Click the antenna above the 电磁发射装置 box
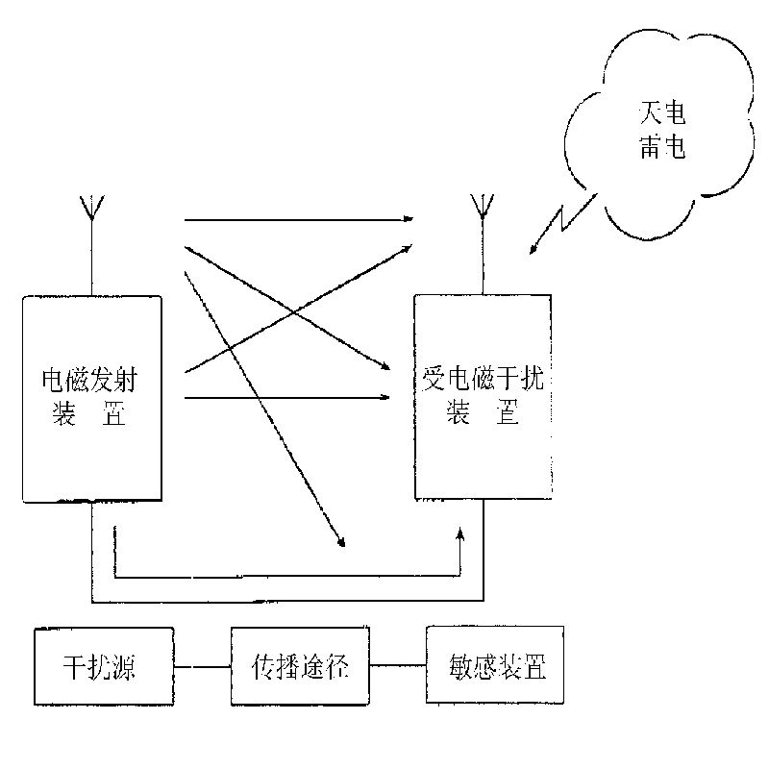92,209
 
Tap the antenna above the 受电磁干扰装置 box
477,209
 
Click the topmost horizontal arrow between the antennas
298,219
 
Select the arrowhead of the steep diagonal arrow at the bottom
339,542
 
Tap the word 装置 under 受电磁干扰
484,415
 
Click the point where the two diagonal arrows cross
297,313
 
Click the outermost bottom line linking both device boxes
288,604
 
